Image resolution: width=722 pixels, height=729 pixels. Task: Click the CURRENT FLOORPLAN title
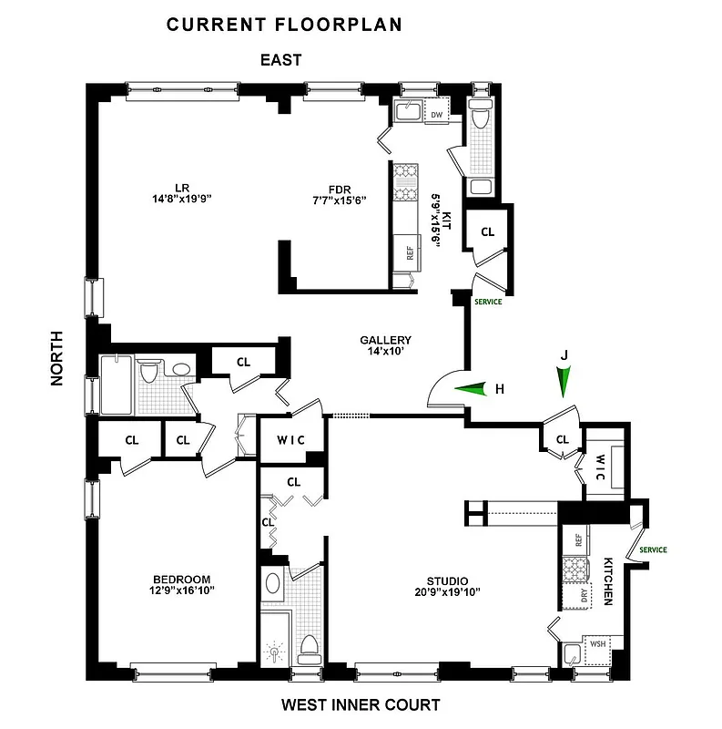click(x=283, y=25)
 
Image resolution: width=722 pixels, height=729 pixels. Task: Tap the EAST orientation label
click(x=280, y=61)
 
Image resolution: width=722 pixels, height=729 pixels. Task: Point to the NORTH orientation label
click(x=57, y=358)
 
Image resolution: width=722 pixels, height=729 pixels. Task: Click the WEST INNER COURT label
click(x=360, y=704)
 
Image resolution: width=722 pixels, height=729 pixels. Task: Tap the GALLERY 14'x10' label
click(x=385, y=344)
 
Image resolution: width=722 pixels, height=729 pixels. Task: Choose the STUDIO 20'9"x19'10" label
click(x=434, y=586)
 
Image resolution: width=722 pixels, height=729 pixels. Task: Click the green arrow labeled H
click(x=472, y=389)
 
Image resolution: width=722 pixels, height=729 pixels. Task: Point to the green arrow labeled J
click(x=564, y=378)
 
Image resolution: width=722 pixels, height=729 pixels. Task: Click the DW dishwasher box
click(x=436, y=116)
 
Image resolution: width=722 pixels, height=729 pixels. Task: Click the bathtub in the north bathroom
click(x=117, y=388)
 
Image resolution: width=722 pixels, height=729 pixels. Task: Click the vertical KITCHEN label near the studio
click(x=606, y=582)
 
